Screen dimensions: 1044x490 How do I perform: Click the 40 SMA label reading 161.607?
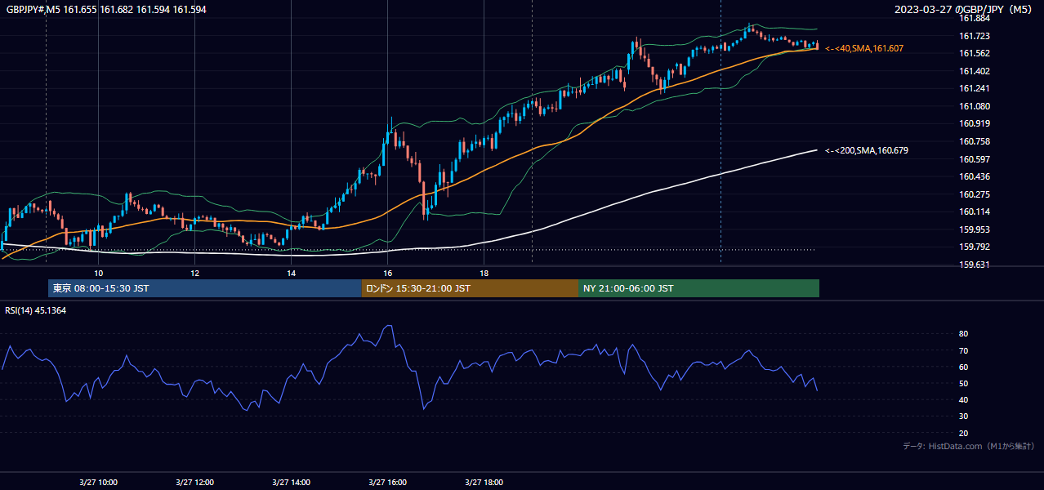pyautogui.click(x=864, y=48)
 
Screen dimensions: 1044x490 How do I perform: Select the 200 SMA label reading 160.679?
pyautogui.click(x=867, y=150)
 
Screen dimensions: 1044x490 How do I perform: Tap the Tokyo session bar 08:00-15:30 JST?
pyautogui.click(x=204, y=288)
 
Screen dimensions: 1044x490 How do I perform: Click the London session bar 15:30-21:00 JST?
pyautogui.click(x=470, y=288)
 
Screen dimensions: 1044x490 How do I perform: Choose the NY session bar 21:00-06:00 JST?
pyautogui.click(x=698, y=288)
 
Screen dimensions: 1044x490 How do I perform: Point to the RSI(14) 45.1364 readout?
pyautogui.click(x=35, y=310)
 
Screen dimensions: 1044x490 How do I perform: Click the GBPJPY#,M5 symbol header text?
pyautogui.click(x=33, y=10)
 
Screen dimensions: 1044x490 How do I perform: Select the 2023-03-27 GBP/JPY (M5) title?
pyautogui.click(x=963, y=9)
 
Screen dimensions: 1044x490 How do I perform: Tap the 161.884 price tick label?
pyautogui.click(x=975, y=18)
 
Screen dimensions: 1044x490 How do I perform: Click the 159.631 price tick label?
pyautogui.click(x=975, y=265)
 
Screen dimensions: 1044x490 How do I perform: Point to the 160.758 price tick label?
pyautogui.click(x=975, y=141)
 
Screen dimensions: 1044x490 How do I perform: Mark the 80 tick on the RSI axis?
pyautogui.click(x=963, y=333)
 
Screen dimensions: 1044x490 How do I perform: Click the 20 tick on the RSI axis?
pyautogui.click(x=963, y=433)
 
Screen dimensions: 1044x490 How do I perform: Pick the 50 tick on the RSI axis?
pyautogui.click(x=963, y=383)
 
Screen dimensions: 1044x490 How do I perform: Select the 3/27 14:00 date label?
pyautogui.click(x=292, y=483)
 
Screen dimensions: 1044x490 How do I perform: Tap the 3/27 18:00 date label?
pyautogui.click(x=484, y=483)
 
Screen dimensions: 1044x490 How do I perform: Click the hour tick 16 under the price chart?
pyautogui.click(x=388, y=274)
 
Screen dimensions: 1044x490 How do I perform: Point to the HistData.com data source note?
pyautogui.click(x=969, y=446)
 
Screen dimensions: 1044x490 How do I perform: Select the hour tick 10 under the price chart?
pyautogui.click(x=98, y=274)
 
